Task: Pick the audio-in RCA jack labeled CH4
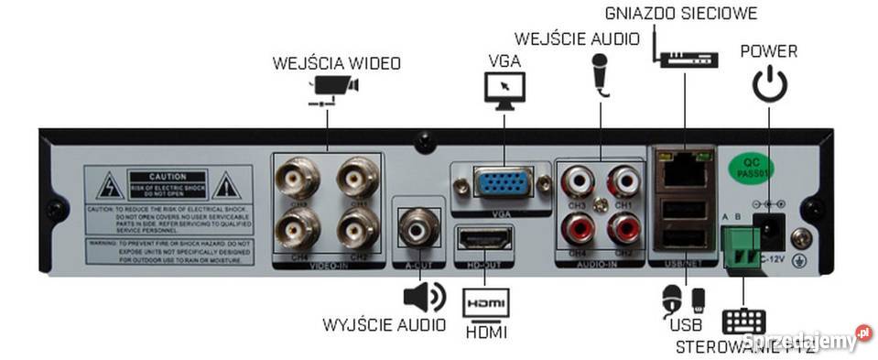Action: [578, 226]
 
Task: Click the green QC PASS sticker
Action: [743, 167]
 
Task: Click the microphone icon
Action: [601, 73]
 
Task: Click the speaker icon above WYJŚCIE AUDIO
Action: [422, 298]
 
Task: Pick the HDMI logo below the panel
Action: [484, 303]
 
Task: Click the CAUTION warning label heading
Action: [172, 175]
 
